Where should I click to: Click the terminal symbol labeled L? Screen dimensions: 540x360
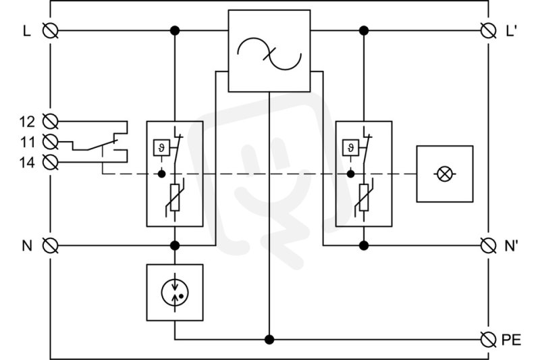click(50, 30)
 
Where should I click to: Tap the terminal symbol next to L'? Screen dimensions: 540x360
click(488, 30)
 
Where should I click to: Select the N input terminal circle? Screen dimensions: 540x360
click(50, 246)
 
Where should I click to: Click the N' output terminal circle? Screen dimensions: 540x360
click(488, 246)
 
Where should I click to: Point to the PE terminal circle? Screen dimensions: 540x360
click(488, 340)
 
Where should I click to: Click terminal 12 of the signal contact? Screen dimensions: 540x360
click(50, 122)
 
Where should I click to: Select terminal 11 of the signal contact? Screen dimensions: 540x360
click(50, 142)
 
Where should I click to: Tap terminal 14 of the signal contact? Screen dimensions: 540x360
click(50, 162)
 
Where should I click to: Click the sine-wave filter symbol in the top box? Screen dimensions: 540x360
click(269, 53)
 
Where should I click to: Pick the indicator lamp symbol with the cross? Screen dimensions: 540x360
click(445, 174)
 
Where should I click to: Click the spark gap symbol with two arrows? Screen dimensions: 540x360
click(175, 292)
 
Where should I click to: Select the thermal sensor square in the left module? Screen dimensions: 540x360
click(161, 147)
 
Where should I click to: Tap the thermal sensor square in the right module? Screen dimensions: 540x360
click(350, 147)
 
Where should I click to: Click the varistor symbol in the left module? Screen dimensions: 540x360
click(175, 197)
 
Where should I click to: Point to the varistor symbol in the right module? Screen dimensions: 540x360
click(364, 197)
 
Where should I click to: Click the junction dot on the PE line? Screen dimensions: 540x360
click(269, 340)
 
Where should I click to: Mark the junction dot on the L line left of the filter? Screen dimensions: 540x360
click(175, 30)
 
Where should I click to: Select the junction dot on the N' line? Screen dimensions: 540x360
click(364, 246)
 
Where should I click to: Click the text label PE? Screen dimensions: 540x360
click(511, 340)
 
